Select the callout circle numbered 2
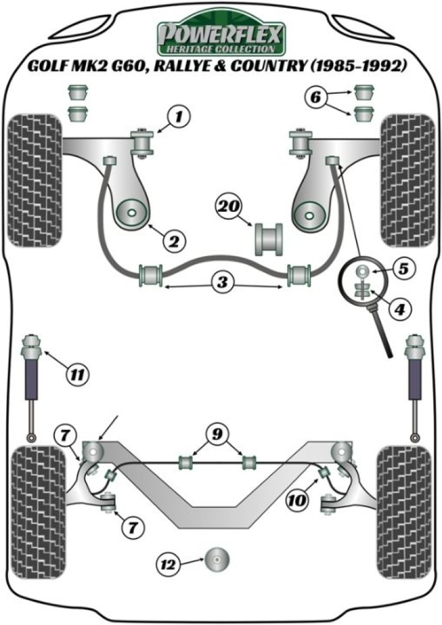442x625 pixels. click(174, 241)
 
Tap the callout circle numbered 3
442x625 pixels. click(222, 283)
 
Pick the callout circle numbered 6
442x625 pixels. click(315, 96)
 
